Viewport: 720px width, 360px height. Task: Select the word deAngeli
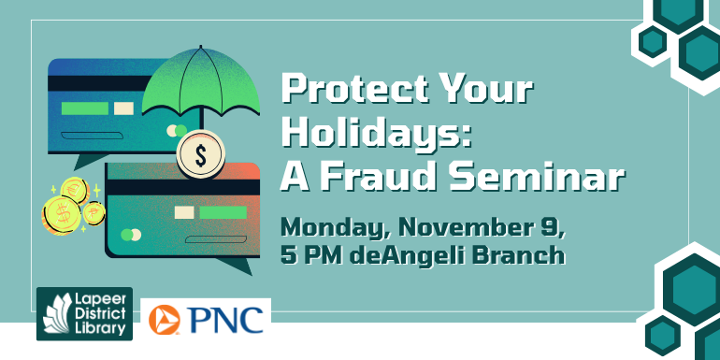411,255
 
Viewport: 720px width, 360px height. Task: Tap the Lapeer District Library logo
84,314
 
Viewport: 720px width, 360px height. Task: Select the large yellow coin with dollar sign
61,217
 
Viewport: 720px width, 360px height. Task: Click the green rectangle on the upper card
84,108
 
